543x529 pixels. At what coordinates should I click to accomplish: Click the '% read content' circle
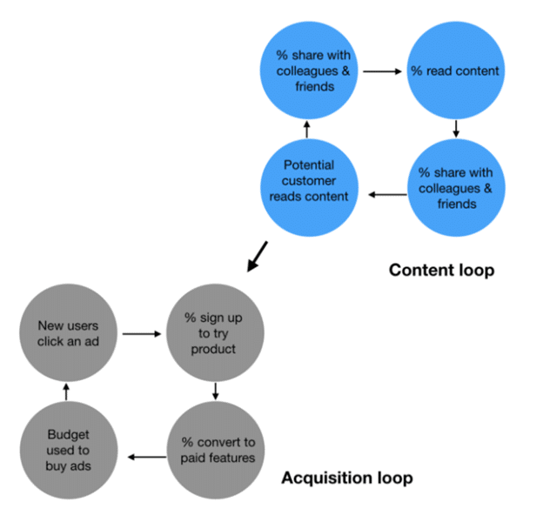coord(455,70)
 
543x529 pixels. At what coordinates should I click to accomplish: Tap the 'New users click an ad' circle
coord(67,333)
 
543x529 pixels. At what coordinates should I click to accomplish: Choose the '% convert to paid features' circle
coord(218,449)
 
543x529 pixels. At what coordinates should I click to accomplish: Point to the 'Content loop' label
coord(441,270)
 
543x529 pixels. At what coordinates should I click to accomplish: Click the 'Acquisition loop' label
coord(346,478)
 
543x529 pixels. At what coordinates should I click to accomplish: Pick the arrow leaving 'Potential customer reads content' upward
coord(307,130)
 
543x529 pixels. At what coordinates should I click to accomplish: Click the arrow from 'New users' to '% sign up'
coord(139,333)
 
